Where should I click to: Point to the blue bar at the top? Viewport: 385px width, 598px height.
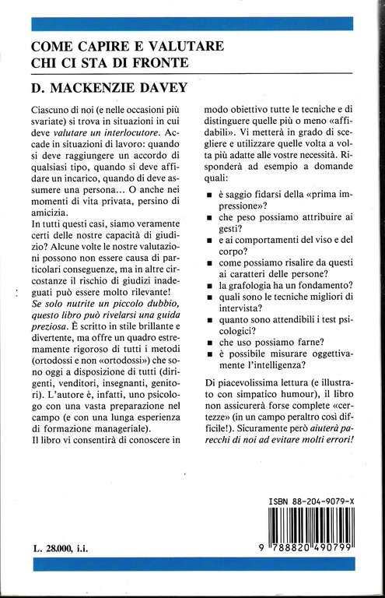click(191, 23)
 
